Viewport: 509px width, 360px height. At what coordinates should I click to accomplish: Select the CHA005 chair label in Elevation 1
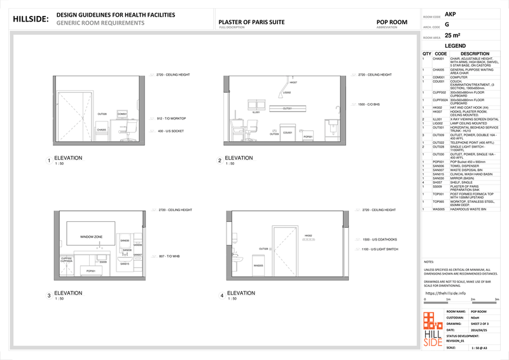101,130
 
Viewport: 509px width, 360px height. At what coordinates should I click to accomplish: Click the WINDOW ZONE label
91,237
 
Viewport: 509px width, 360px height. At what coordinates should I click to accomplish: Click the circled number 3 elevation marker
48,296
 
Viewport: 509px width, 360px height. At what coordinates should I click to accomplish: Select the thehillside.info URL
445,293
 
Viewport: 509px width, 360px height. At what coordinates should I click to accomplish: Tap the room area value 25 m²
452,36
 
